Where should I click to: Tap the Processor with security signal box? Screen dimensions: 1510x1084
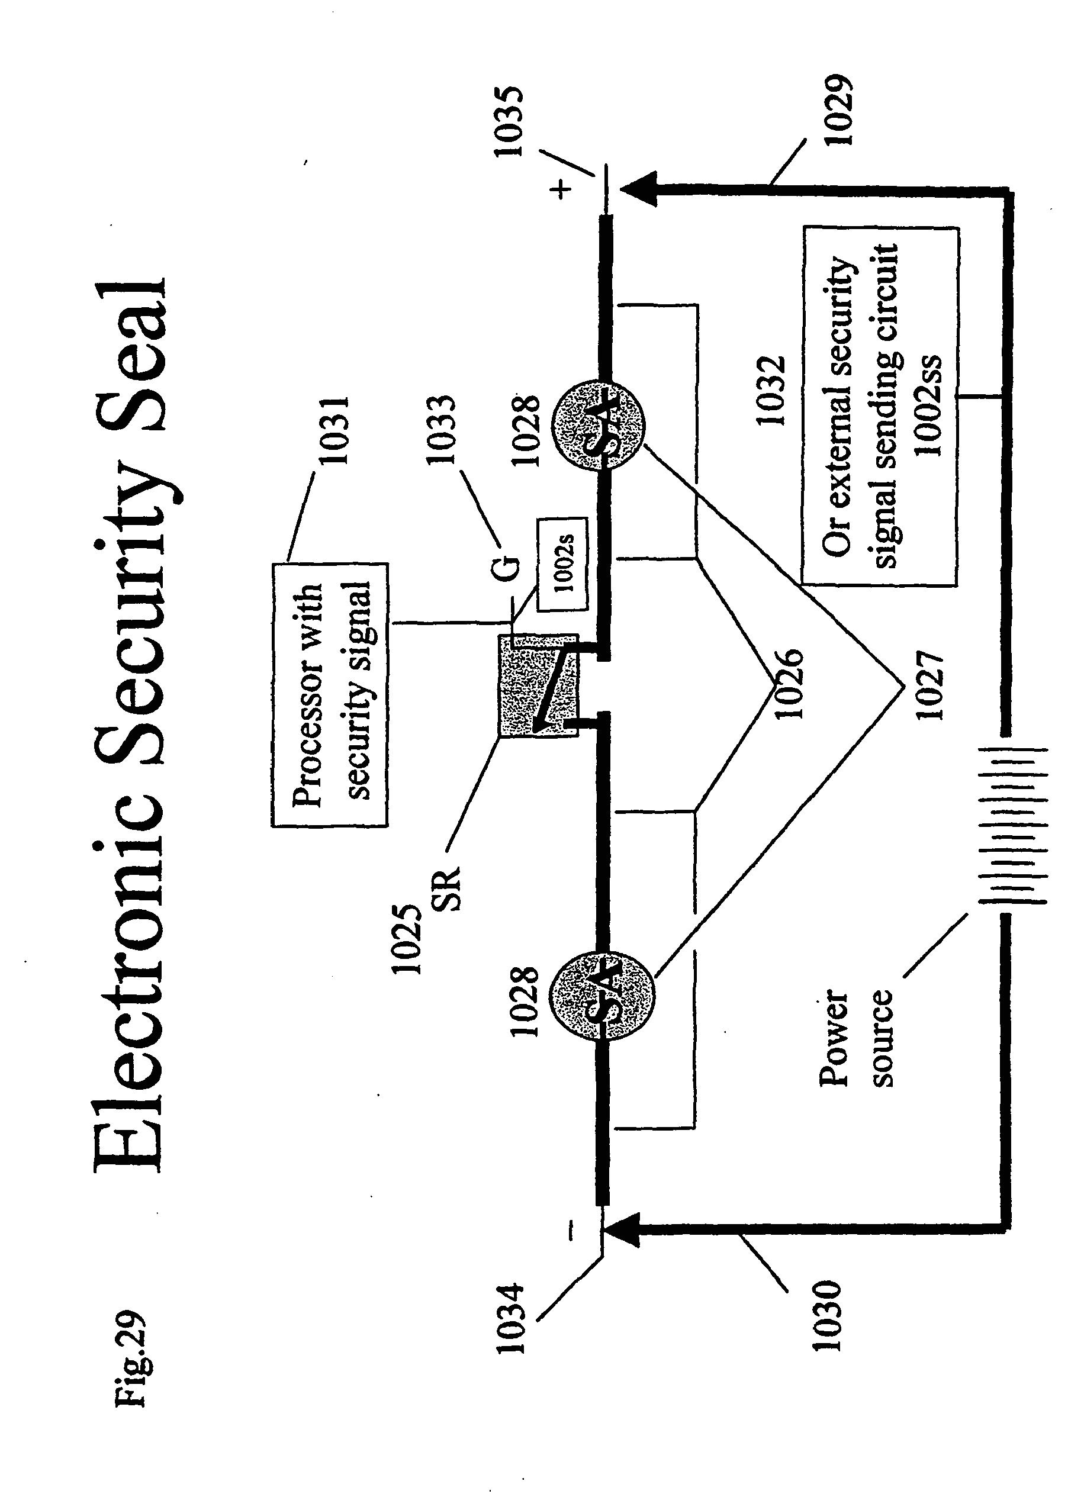(330, 695)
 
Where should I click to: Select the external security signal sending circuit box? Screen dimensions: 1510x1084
(880, 407)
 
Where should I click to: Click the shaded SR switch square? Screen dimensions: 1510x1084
(539, 686)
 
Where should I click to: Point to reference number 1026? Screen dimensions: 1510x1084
(790, 683)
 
